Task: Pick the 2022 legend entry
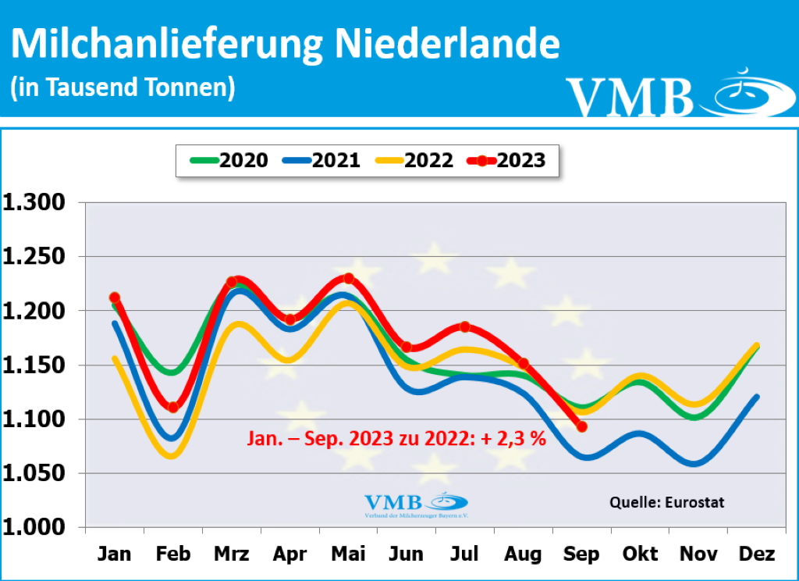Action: point(414,161)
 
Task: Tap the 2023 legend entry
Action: point(507,161)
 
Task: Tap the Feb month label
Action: point(173,554)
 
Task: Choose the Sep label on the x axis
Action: point(581,554)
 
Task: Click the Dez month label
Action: point(756,554)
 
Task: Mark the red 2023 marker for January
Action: point(115,298)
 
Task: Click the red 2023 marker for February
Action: point(173,407)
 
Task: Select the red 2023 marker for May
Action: point(348,279)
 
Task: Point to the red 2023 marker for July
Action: point(465,326)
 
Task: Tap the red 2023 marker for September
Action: point(581,426)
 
